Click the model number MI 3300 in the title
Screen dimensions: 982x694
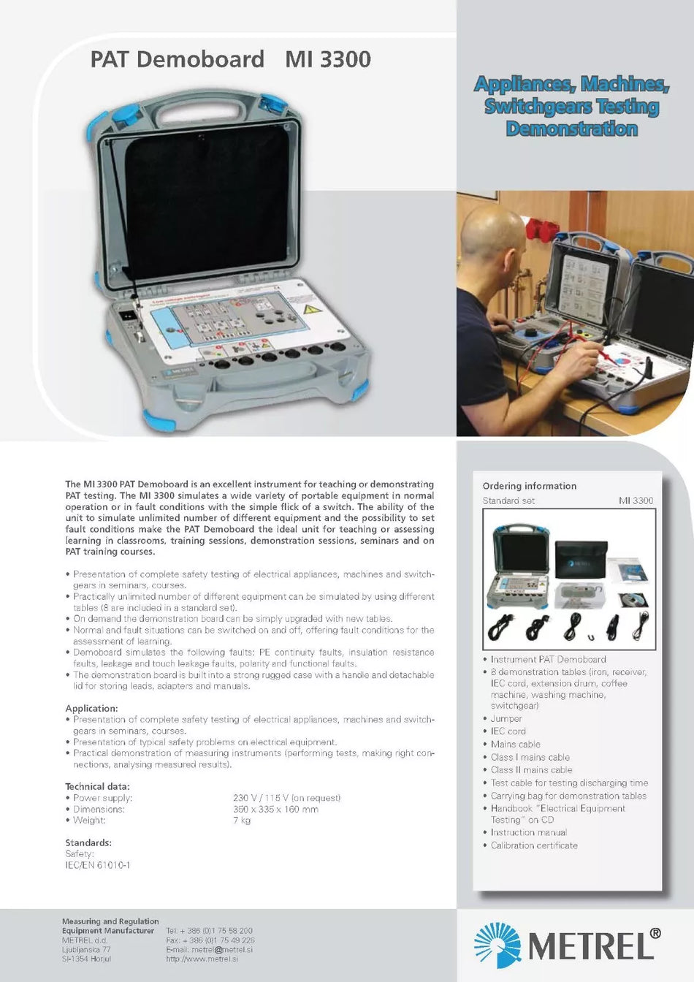328,59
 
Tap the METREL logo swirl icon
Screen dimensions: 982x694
497,945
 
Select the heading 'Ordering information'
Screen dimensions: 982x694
529,486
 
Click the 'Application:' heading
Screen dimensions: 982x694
91,708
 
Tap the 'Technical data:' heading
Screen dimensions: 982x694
97,786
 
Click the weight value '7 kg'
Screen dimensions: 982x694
242,820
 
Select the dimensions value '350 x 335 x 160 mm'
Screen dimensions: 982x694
275,809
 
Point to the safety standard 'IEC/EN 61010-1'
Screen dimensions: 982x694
97,865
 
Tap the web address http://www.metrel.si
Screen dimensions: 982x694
202,959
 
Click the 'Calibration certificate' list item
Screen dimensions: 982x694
533,845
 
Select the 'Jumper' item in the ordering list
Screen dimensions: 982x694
506,718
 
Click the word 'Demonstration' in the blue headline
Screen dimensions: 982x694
572,129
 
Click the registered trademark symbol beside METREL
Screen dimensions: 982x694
655,933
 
